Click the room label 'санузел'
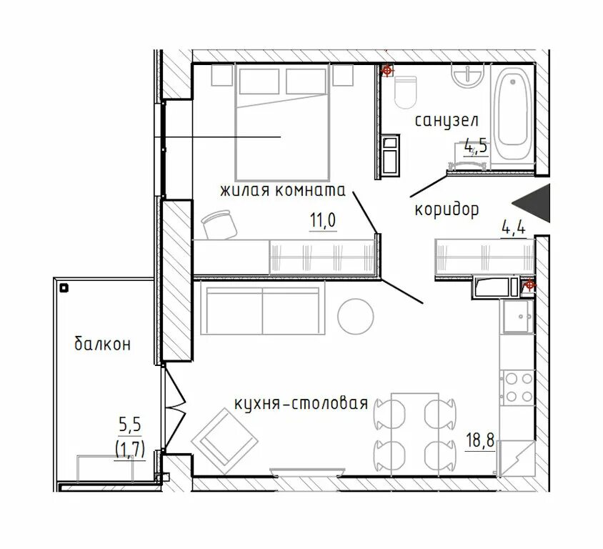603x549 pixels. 447,121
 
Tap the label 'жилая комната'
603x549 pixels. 283,190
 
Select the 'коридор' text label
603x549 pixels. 447,210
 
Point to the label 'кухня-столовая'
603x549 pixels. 301,404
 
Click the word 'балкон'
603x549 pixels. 102,344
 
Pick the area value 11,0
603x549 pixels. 323,221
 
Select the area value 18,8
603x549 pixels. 480,440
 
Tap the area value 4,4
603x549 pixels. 514,229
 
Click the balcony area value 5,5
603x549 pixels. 130,425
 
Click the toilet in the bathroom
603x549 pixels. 405,91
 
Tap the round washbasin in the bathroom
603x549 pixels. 468,76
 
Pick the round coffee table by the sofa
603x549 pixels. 355,316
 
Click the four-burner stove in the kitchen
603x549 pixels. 518,387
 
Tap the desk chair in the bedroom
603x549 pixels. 219,224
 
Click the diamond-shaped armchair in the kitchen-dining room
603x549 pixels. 224,441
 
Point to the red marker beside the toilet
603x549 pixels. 387,71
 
